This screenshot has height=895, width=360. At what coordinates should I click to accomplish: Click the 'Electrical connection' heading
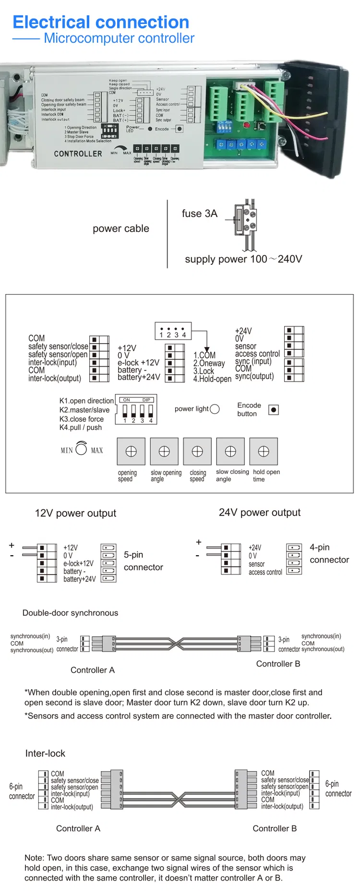[x=101, y=22]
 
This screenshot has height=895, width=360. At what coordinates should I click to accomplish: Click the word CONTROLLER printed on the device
[x=78, y=154]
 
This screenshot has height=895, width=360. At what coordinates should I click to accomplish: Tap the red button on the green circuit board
[x=247, y=125]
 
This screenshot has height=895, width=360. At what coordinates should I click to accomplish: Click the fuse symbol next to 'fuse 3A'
[x=245, y=219]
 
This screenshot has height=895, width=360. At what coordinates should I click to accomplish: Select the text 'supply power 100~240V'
[x=243, y=259]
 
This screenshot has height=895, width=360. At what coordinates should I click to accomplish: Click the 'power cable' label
[x=121, y=228]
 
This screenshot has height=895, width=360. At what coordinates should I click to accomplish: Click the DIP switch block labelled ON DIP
[x=137, y=409]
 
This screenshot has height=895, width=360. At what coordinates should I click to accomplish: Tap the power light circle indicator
[x=215, y=409]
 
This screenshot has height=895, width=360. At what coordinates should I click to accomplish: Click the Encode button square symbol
[x=274, y=410]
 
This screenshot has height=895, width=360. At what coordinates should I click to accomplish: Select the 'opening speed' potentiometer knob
[x=131, y=451]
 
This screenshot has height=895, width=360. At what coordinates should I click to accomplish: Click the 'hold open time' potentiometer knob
[x=264, y=451]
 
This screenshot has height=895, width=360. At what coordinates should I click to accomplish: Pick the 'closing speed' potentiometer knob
[x=197, y=451]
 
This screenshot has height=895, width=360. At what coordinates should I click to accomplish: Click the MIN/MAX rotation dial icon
[x=82, y=449]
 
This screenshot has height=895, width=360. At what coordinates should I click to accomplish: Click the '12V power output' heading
[x=75, y=513]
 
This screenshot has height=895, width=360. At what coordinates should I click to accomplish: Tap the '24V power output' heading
[x=260, y=513]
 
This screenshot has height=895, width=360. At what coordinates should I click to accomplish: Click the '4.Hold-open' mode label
[x=212, y=379]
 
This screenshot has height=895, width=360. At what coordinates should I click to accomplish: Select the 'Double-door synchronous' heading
[x=70, y=613]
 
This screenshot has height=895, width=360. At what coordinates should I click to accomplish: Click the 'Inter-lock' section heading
[x=45, y=753]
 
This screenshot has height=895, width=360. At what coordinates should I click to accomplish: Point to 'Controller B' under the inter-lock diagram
[x=275, y=828]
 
